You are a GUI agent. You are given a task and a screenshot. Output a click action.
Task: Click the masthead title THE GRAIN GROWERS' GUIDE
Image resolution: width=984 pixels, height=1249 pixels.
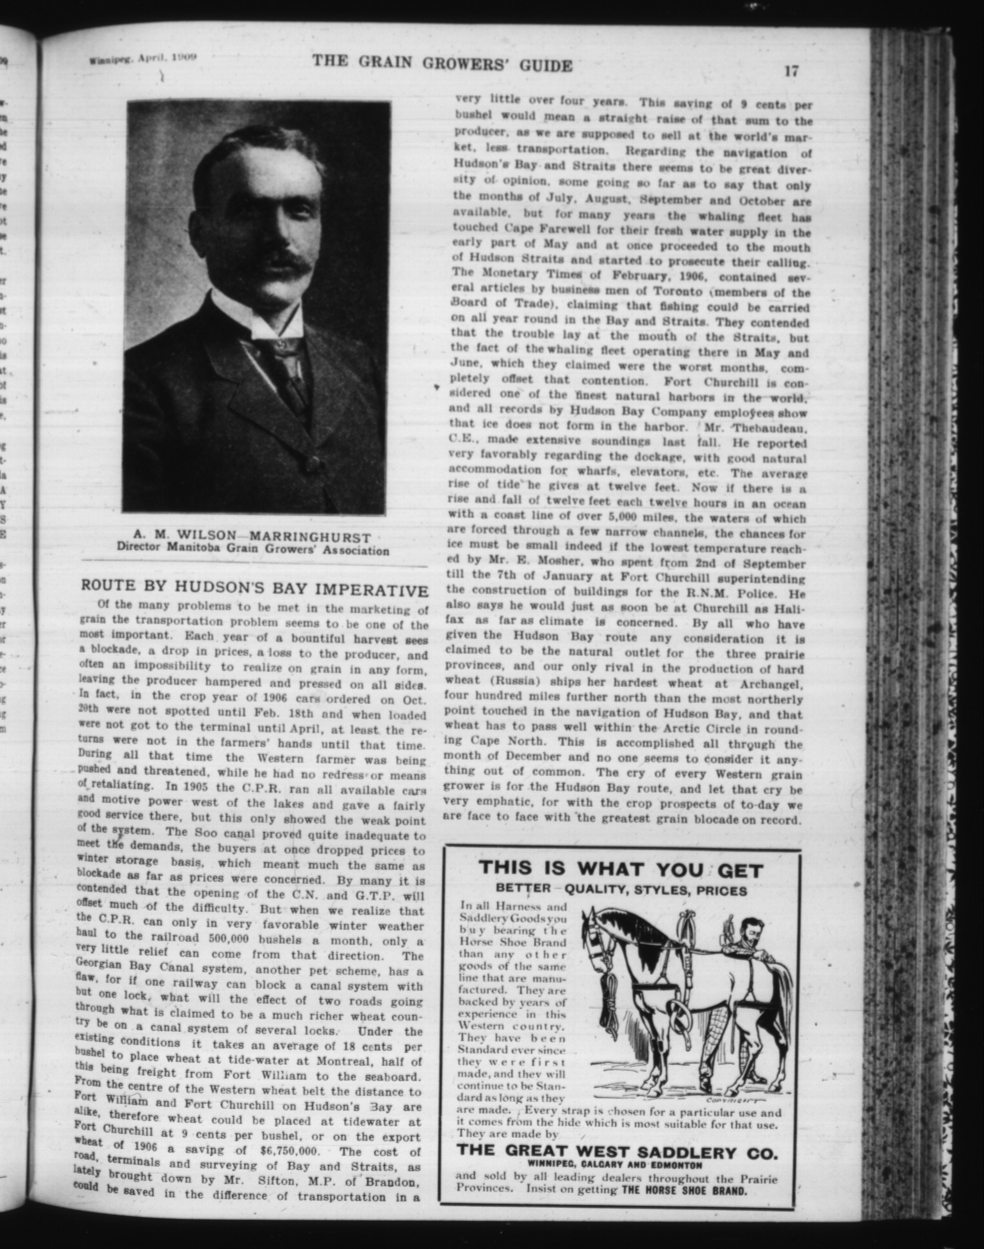443,65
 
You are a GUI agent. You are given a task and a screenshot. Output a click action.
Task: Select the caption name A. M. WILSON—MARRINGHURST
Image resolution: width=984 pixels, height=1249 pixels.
252,538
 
